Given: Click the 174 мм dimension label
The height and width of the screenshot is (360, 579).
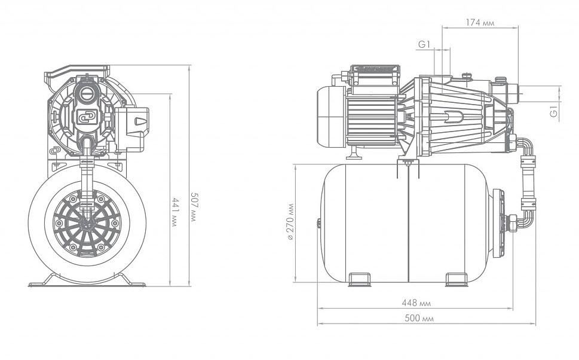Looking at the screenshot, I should click(479, 23).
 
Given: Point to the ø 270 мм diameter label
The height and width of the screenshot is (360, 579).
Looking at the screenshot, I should click(290, 221).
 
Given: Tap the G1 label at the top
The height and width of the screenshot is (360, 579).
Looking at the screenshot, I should click(424, 44).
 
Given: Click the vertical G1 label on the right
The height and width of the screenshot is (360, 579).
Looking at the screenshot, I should click(554, 110).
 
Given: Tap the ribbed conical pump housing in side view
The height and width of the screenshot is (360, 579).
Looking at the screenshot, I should click(454, 117).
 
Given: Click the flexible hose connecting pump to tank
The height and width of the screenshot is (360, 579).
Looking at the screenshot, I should click(528, 179).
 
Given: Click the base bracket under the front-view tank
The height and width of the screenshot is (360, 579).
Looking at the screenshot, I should click(87, 281).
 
